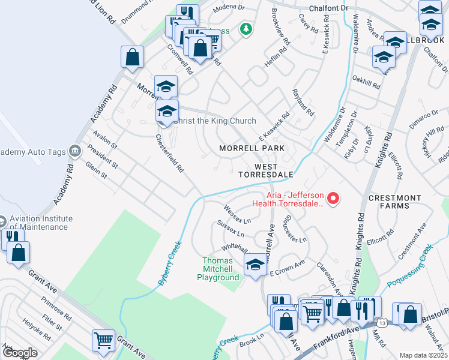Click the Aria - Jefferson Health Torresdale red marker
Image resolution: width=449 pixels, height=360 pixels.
coord(336,197)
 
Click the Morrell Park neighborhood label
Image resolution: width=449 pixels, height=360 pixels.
coord(251,148)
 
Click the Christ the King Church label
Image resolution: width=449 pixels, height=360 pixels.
coord(214,121)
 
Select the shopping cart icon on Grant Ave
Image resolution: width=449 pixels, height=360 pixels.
coord(104,340)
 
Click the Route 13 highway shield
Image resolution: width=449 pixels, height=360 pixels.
coord(382,323)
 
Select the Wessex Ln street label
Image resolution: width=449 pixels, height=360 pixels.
coord(237,212)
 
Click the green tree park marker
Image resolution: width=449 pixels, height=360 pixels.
coord(245,28)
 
